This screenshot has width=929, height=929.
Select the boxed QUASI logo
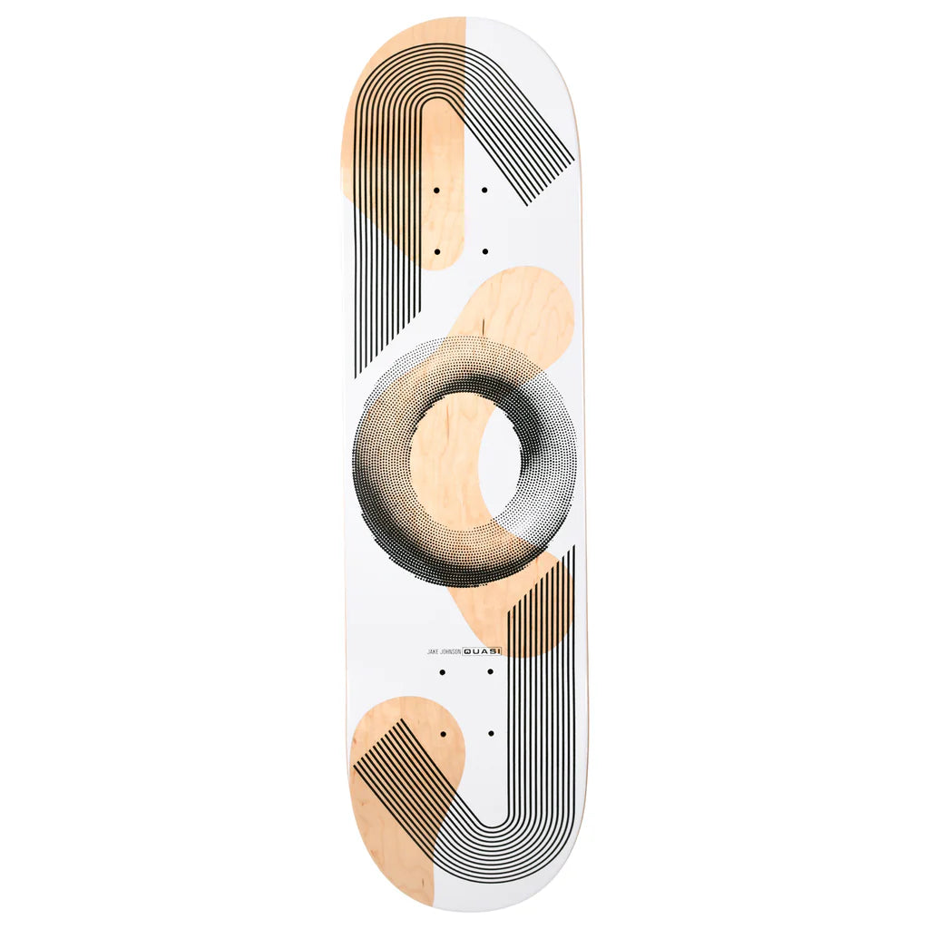coord(482,650)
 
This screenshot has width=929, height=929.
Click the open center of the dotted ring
coord(465,457)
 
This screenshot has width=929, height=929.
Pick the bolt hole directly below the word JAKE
coord(442,672)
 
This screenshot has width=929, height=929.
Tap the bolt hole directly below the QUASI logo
coord(490,672)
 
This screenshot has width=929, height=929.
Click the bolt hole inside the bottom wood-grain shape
coord(443,732)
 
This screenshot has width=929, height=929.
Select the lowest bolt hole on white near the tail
coord(491,732)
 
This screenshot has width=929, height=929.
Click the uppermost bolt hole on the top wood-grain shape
coord(436,191)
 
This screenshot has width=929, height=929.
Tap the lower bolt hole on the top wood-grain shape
coord(436,251)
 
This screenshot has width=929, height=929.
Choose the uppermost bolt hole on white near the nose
coord(484,191)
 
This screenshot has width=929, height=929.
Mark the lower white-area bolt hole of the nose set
coord(484,251)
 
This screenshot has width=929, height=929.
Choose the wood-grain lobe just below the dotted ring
coord(508,608)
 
